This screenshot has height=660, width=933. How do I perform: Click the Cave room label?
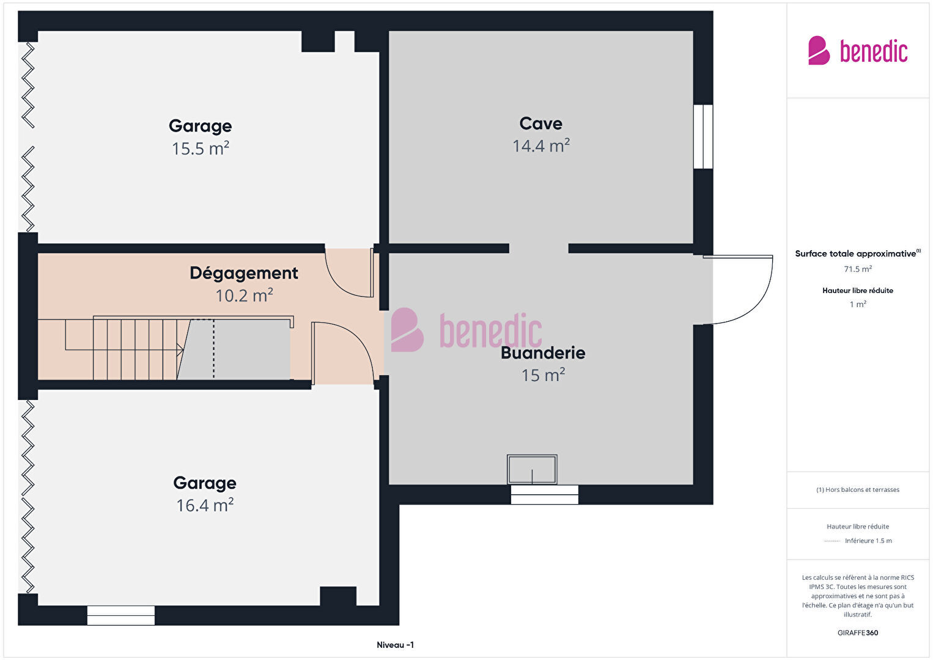pos(540,124)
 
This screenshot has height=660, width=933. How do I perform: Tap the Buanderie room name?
pos(543,353)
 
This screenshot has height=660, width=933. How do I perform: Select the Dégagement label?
pos(244,273)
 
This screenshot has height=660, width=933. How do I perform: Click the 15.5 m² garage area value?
pos(201,148)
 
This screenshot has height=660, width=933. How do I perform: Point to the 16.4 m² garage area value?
pos(204,505)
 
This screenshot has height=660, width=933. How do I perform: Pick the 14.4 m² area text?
pos(540,146)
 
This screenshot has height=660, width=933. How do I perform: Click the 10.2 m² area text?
pos(244,295)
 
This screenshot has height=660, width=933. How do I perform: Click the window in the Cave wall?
pos(703,136)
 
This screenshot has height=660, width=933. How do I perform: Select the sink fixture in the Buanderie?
pos(532,470)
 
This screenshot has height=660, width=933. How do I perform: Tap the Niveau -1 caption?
pos(395,645)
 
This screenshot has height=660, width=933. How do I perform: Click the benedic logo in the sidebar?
pos(858,50)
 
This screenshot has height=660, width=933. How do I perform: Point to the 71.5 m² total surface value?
pos(858,269)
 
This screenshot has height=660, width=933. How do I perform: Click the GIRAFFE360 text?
pos(858,632)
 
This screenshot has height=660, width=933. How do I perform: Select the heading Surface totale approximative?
pos(858,253)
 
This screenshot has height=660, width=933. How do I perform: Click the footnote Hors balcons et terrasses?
pos(858,489)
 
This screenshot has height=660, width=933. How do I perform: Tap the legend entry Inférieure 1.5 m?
pos(868,541)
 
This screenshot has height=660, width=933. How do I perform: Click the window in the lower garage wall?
pos(121,615)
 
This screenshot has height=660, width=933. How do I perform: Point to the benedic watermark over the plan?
pos(466,330)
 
